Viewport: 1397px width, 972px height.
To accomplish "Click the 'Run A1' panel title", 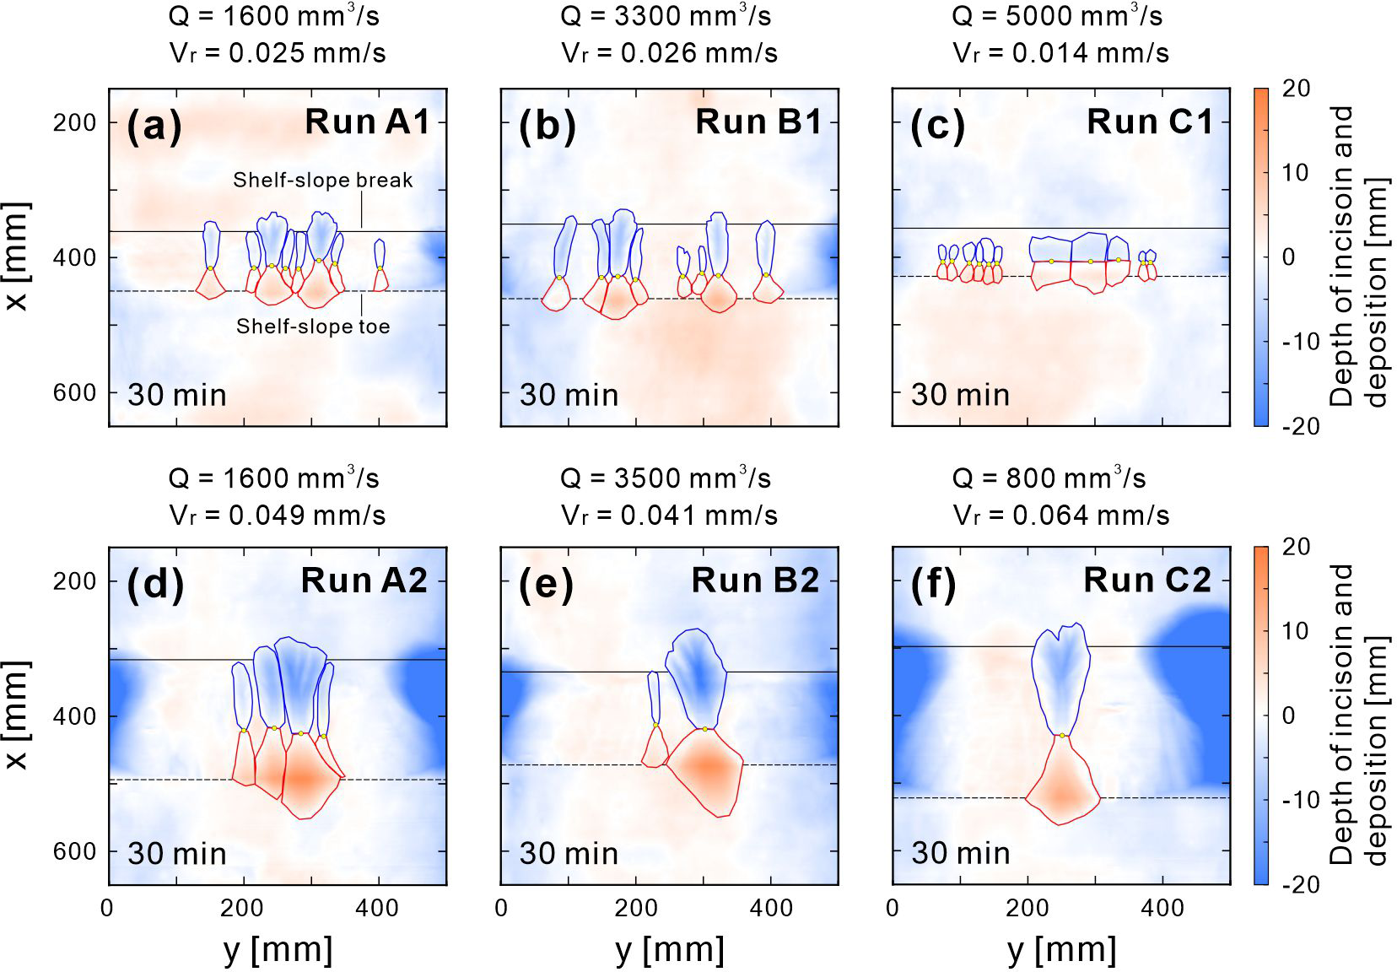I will point(367,122).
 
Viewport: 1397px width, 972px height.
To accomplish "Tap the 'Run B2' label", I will point(755,580).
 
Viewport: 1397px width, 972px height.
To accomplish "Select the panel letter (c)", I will point(937,127).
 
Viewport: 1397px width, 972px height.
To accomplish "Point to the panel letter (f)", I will point(934,585).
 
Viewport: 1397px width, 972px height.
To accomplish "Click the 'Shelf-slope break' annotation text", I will point(323,180).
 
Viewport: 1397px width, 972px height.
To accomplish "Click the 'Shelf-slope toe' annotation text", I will point(313,327).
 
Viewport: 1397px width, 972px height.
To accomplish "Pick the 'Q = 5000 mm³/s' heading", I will point(1057,16).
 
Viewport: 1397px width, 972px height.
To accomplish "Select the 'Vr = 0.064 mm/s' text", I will point(1061,515).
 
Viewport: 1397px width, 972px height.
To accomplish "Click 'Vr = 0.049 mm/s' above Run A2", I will point(278,515).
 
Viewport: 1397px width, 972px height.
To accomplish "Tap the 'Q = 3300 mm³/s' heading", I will point(666,16).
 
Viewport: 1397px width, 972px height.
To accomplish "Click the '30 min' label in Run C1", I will point(960,395).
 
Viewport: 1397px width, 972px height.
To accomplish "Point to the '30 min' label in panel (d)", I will point(177,853).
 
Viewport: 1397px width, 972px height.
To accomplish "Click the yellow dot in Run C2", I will point(1062,736).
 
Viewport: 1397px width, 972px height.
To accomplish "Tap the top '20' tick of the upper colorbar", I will point(1295,89).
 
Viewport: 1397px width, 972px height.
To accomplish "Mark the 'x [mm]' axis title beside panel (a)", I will point(17,256).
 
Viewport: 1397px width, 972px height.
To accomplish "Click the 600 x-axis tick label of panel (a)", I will point(74,392).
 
